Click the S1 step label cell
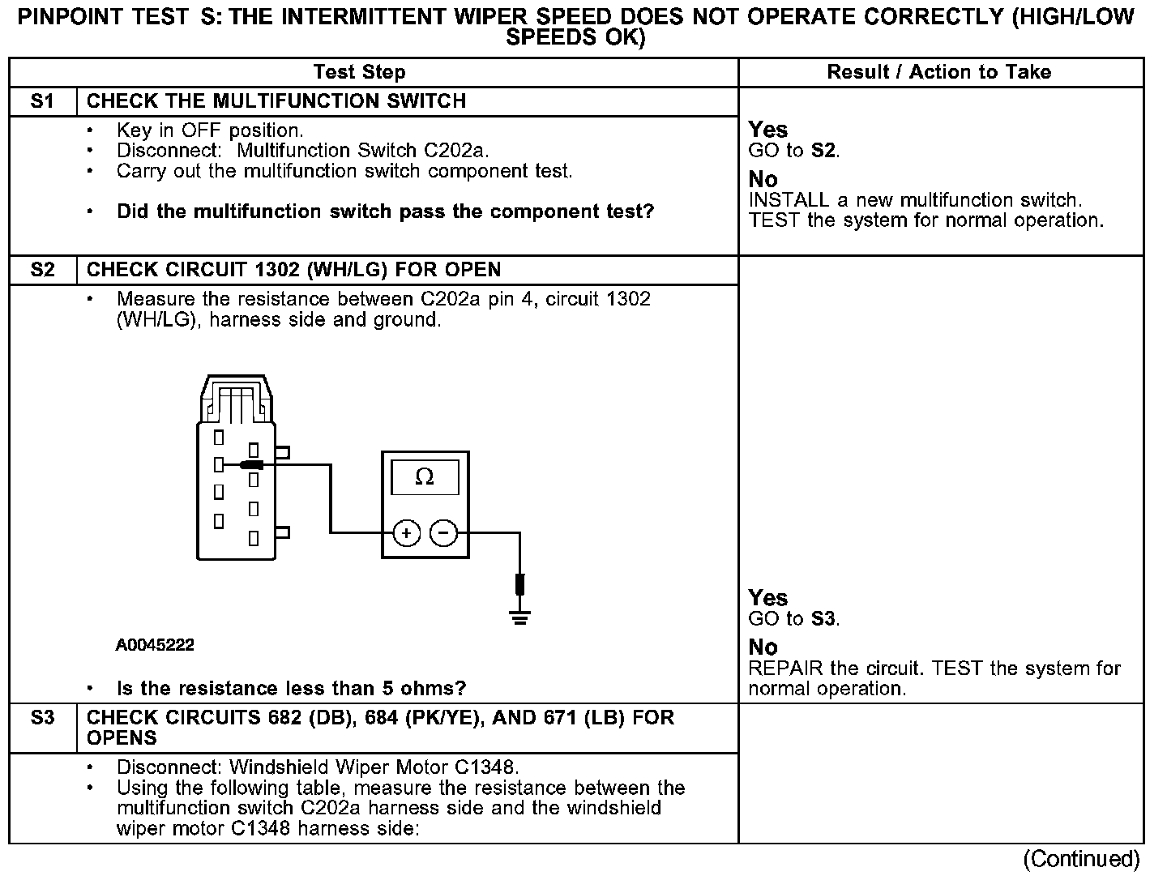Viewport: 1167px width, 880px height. click(x=42, y=101)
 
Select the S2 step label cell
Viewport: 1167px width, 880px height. click(x=42, y=270)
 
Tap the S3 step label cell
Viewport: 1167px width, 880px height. click(x=42, y=718)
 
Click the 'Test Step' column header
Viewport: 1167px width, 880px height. click(x=359, y=72)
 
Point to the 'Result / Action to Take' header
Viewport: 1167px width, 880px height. click(x=938, y=72)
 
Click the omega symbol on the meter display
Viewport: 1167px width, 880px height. click(x=424, y=477)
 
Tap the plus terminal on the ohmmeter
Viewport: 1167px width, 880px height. click(x=406, y=533)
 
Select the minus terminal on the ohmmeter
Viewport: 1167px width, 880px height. click(x=442, y=533)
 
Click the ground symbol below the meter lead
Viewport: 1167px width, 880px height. click(x=519, y=618)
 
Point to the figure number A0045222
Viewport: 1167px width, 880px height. click(x=155, y=645)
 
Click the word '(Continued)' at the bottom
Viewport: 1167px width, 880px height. click(x=1081, y=859)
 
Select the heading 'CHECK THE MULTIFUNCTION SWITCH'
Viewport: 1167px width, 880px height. click(x=276, y=101)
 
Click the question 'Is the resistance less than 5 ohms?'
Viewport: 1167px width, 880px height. click(x=292, y=689)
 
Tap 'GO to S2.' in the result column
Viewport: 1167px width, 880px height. click(x=794, y=151)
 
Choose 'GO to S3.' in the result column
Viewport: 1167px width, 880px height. click(x=794, y=619)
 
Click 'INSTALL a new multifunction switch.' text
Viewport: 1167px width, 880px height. click(x=916, y=200)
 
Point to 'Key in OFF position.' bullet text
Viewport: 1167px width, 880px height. click(x=210, y=130)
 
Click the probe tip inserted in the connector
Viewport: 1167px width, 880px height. click(x=251, y=465)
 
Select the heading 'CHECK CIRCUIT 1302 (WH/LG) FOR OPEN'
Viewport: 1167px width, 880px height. click(x=293, y=270)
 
